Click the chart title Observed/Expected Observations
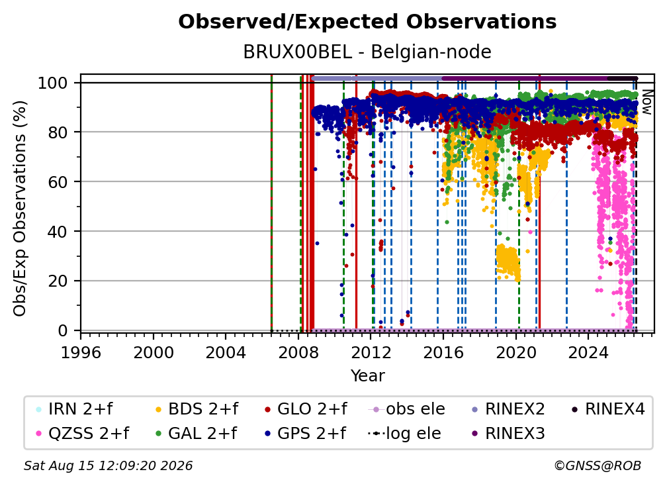[x=367, y=22]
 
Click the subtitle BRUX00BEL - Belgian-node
[x=367, y=52]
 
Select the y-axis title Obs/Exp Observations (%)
[x=20, y=208]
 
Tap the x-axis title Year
[x=367, y=375]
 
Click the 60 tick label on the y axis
[x=58, y=181]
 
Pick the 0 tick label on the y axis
[x=63, y=330]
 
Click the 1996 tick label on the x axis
[x=81, y=352]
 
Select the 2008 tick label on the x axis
[x=298, y=352]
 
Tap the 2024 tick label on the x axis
[x=588, y=352]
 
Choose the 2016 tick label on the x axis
[x=443, y=352]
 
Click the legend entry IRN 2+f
[x=74, y=409]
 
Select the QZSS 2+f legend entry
[x=83, y=433]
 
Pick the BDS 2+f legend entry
[x=197, y=409]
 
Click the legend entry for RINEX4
[x=608, y=409]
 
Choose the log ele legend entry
[x=404, y=433]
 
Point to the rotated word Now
[x=646, y=102]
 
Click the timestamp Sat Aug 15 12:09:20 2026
[x=108, y=465]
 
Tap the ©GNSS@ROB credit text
[x=598, y=465]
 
